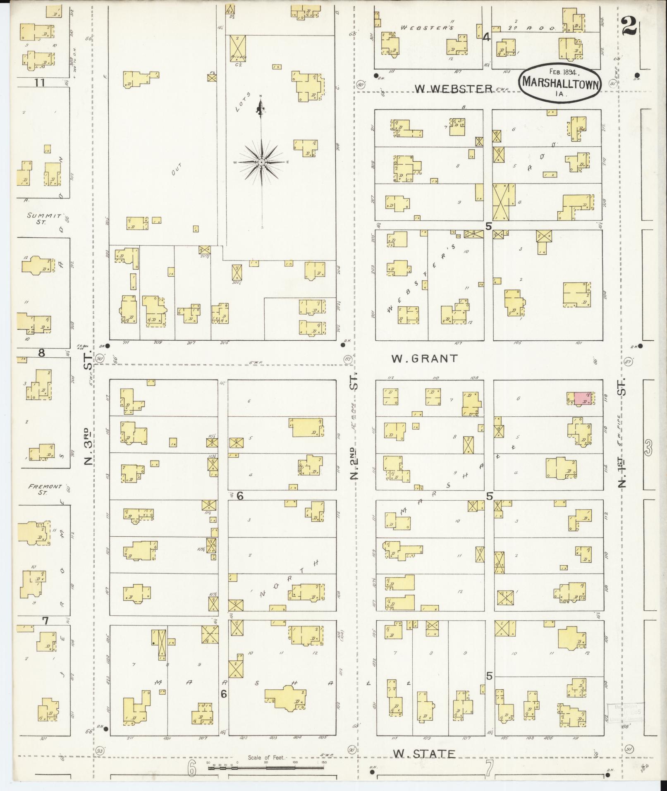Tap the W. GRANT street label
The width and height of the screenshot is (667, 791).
pyautogui.click(x=424, y=358)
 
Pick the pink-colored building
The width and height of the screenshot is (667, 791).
pyautogui.click(x=582, y=398)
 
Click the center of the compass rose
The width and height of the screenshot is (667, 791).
pyautogui.click(x=261, y=163)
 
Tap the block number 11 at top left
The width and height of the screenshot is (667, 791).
pyautogui.click(x=39, y=83)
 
